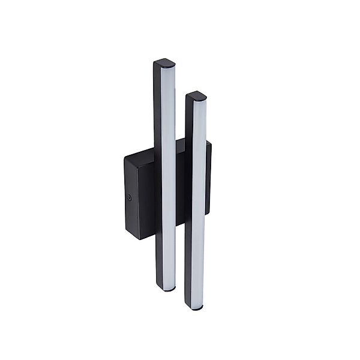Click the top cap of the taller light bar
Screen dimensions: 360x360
tap(164, 62)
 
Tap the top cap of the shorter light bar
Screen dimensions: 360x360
tap(196, 95)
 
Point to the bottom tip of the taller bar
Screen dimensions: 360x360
tap(169, 289)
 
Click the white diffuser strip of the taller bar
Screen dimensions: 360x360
tap(169, 180)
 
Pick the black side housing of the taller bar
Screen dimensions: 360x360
tap(158, 180)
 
